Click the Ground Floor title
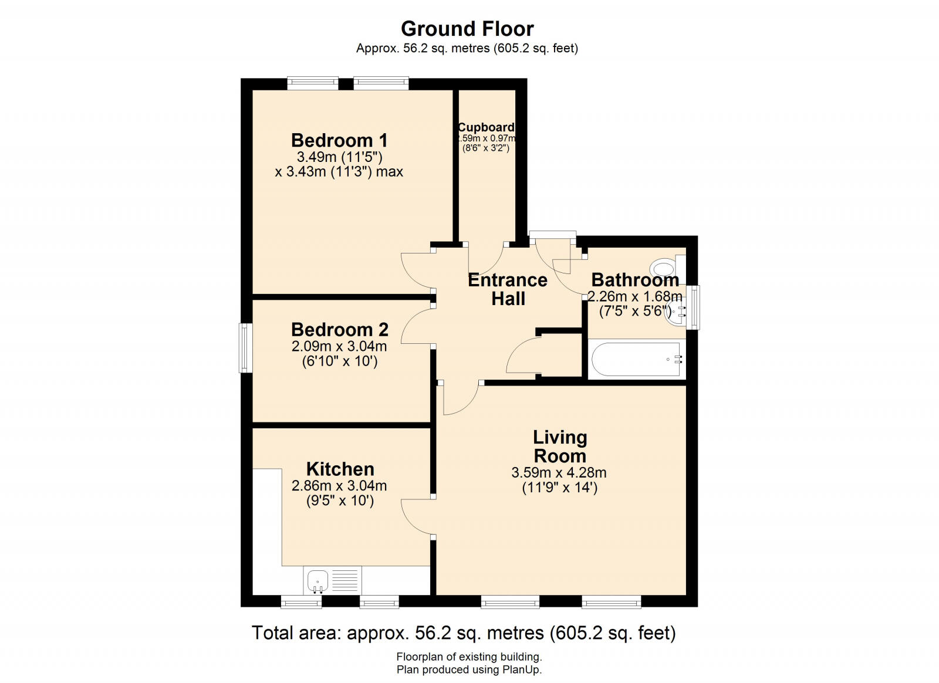coord(467,28)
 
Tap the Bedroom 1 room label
coord(339,140)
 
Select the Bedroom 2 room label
coord(339,329)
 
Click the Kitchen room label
coord(340,469)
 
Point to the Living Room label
coord(559,446)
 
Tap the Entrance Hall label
coord(508,289)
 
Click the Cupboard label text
coord(486,127)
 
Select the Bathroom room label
coord(635,279)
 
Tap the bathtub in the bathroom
coord(636,359)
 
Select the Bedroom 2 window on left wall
coord(245,347)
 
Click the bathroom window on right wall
coord(694,307)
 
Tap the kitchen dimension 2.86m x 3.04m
coord(339,485)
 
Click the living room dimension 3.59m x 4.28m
coord(559,472)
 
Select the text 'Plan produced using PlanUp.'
coord(469,670)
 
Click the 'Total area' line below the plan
coord(464,633)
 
